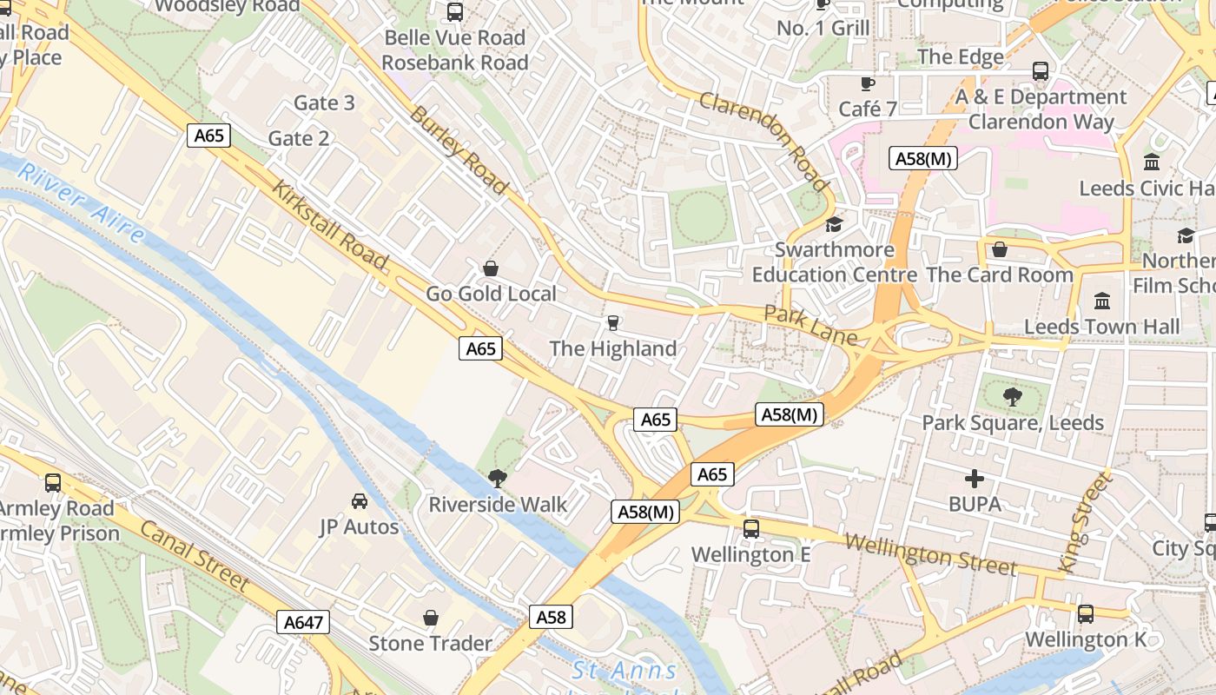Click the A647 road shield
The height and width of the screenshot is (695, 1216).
(x=304, y=622)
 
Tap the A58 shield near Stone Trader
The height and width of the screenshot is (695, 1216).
(x=552, y=617)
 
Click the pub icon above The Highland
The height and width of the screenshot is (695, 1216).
(x=613, y=323)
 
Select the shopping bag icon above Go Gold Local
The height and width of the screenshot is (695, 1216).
(x=491, y=268)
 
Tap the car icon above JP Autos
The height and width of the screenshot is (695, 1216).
(x=359, y=501)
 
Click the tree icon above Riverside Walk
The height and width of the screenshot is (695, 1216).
(x=498, y=478)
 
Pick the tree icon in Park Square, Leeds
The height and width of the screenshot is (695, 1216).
(x=1012, y=398)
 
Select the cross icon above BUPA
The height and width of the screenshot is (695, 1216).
(x=975, y=479)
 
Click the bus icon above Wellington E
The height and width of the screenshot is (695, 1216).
(x=751, y=528)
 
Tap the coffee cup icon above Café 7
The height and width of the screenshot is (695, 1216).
(x=867, y=83)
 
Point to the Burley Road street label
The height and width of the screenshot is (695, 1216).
(x=458, y=150)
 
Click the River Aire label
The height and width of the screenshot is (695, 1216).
(x=80, y=202)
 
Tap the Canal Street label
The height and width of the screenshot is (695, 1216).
(x=194, y=557)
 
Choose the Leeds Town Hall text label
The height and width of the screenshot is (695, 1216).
(x=1101, y=327)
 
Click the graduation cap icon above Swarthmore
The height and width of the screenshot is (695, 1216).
(x=834, y=225)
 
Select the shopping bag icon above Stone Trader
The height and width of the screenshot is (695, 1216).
(x=431, y=618)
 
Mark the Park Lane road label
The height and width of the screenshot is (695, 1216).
(x=810, y=325)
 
